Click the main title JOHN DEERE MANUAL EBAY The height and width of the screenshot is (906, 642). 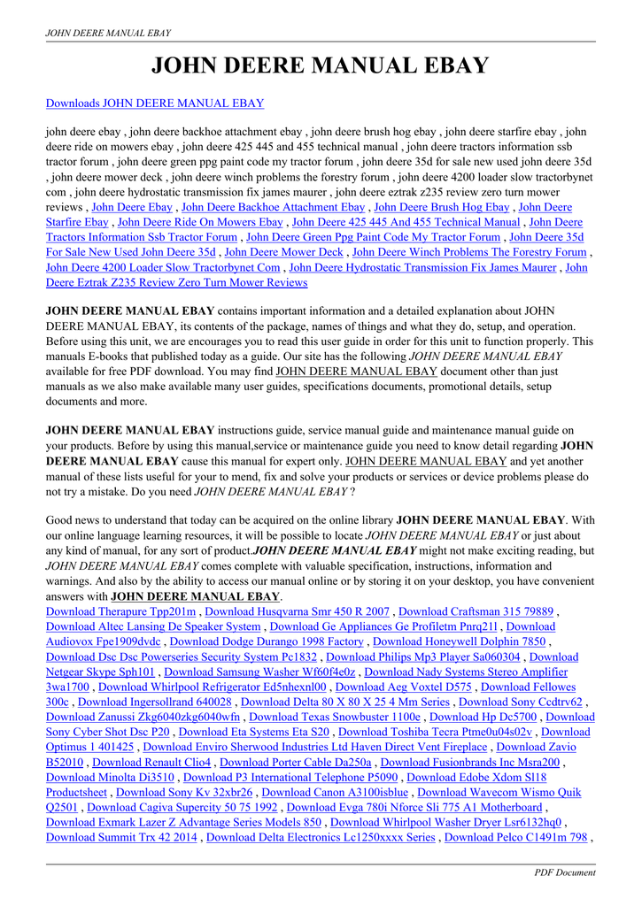coord(321,65)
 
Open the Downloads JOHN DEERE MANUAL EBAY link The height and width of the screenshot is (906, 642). coord(155,104)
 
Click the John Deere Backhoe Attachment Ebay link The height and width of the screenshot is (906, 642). coord(273,207)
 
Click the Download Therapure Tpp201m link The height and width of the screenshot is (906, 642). coord(120,611)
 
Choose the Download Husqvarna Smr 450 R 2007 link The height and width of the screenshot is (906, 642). coord(298,611)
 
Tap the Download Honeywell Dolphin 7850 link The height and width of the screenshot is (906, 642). coord(460,641)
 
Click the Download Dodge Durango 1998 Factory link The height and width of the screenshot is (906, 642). coord(267,641)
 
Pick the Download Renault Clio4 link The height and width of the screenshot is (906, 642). coord(151,762)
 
